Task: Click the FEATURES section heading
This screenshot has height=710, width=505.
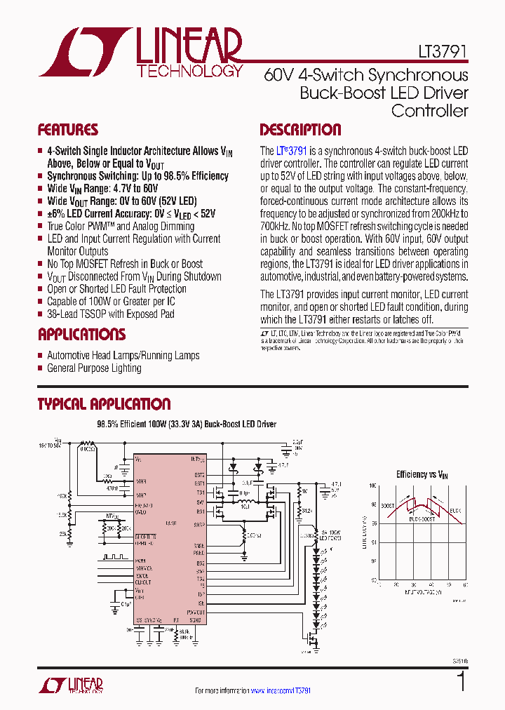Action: (x=67, y=130)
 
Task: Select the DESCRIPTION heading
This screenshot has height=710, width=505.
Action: (x=300, y=130)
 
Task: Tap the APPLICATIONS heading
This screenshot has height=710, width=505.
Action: (x=81, y=334)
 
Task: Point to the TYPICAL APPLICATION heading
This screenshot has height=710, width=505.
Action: (x=104, y=404)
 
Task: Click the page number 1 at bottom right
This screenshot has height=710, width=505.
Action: (x=461, y=681)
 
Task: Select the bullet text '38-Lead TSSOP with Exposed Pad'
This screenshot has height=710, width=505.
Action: (x=110, y=314)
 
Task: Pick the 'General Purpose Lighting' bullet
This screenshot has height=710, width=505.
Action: (x=94, y=368)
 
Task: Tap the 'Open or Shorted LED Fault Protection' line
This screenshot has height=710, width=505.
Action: (x=116, y=289)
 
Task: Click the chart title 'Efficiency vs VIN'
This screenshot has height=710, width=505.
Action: (x=422, y=475)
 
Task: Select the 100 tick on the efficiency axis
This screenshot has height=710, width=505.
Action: (x=373, y=485)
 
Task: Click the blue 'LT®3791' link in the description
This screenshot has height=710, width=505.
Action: (x=292, y=151)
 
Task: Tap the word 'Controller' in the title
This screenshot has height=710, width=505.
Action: (x=429, y=110)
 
